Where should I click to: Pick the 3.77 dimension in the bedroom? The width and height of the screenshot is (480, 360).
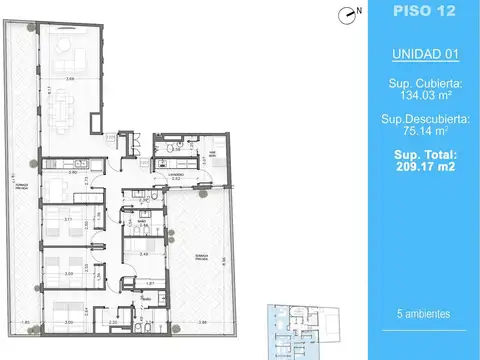point(67,218)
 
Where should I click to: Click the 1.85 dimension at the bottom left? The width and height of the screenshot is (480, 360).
point(27,322)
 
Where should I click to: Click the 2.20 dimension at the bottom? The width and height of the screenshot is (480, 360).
point(113,322)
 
